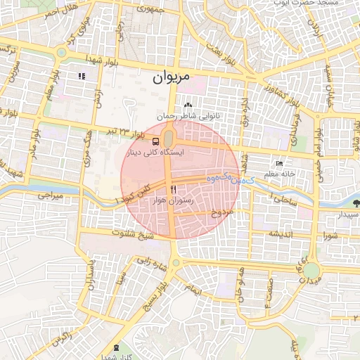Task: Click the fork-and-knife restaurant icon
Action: [173, 190]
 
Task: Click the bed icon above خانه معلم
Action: [280, 163]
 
